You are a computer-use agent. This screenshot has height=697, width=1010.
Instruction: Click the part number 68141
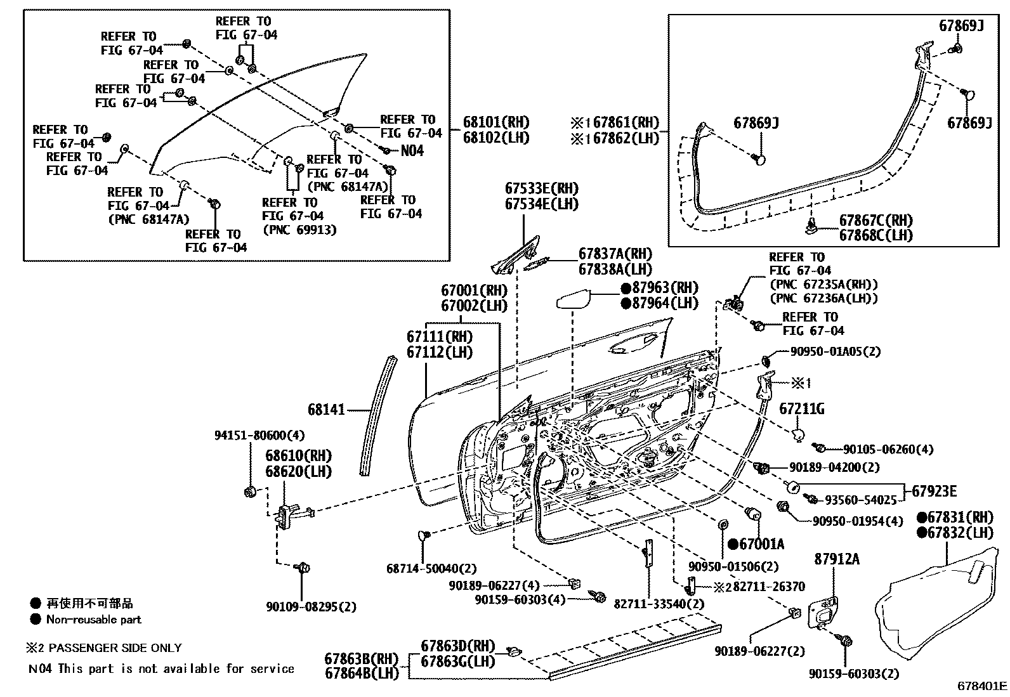(x=326, y=410)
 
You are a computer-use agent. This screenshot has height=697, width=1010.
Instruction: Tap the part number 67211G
(x=802, y=410)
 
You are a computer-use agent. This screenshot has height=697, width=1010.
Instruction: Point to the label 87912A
(x=837, y=559)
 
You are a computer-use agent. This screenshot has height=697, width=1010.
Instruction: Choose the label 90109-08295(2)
(x=311, y=607)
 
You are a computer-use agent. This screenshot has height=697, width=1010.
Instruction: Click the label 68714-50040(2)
(x=431, y=569)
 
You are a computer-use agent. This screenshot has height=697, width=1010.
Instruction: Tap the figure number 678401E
(x=982, y=686)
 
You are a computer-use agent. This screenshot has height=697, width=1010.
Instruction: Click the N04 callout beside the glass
(x=412, y=151)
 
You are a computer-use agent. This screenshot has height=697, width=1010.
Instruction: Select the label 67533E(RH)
(x=542, y=188)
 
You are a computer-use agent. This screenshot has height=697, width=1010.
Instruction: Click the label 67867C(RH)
(x=876, y=221)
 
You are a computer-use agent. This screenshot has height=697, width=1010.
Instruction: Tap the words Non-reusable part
(x=93, y=620)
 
